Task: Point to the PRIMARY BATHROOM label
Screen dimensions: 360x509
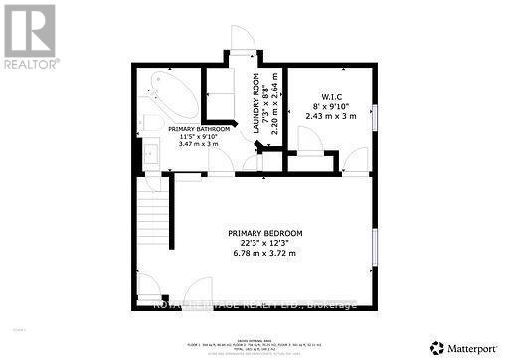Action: pyautogui.click(x=199, y=129)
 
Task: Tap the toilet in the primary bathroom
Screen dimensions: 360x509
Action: pyautogui.click(x=150, y=123)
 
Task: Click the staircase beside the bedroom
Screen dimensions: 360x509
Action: pyautogui.click(x=152, y=221)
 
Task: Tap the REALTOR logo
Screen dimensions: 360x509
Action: pyautogui.click(x=30, y=36)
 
